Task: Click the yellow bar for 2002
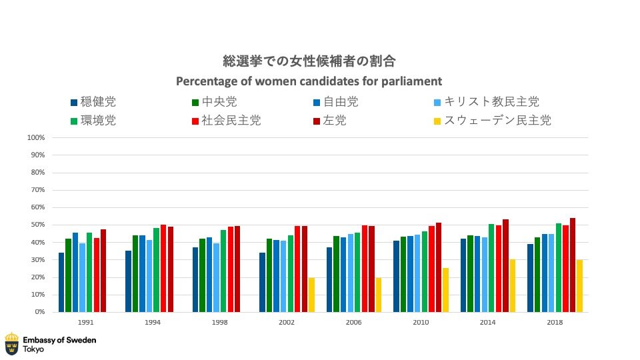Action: point(311,295)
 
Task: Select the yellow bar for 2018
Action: point(579,286)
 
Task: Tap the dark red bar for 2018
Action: point(573,265)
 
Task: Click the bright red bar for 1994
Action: point(163,268)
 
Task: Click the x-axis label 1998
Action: point(220,322)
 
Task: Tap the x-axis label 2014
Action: point(488,322)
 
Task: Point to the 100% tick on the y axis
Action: point(35,138)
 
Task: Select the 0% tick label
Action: point(39,312)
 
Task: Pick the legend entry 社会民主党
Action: point(231,121)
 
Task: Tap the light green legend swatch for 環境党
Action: point(73,121)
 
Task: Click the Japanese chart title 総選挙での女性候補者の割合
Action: point(309,61)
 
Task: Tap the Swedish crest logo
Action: point(11,343)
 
